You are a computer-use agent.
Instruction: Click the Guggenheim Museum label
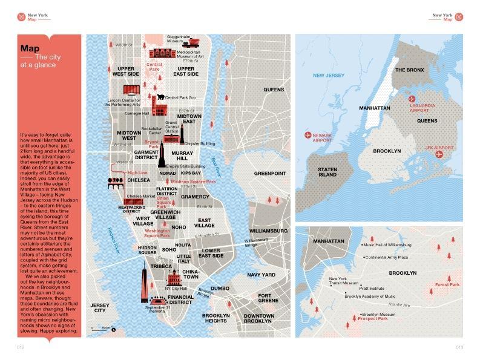(179, 39)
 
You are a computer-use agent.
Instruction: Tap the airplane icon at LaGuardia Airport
(412, 98)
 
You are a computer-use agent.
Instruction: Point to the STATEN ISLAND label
(327, 171)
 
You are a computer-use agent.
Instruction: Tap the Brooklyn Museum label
(380, 315)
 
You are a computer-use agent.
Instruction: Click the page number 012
(20, 347)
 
